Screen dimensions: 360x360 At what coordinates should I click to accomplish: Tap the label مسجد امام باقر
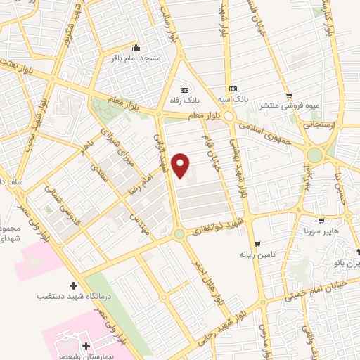pyautogui.click(x=136, y=58)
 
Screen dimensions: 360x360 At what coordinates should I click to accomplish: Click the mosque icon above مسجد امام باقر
pyautogui.click(x=136, y=49)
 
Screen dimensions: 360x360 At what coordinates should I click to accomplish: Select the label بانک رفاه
pyautogui.click(x=185, y=101)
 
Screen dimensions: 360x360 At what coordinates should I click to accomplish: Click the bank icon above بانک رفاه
pyautogui.click(x=185, y=90)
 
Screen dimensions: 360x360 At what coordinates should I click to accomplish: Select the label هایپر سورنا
pyautogui.click(x=322, y=231)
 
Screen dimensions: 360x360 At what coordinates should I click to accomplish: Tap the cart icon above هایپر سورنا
pyautogui.click(x=322, y=220)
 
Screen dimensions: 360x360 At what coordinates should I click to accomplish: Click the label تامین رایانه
pyautogui.click(x=257, y=254)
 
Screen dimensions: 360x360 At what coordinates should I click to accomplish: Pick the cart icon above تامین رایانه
pyautogui.click(x=257, y=243)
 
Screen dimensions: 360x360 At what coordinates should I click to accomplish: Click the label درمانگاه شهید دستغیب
pyautogui.click(x=73, y=297)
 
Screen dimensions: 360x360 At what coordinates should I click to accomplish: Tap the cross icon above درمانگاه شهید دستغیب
pyautogui.click(x=74, y=285)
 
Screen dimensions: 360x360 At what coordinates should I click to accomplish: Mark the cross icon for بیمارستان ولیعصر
pyautogui.click(x=86, y=346)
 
